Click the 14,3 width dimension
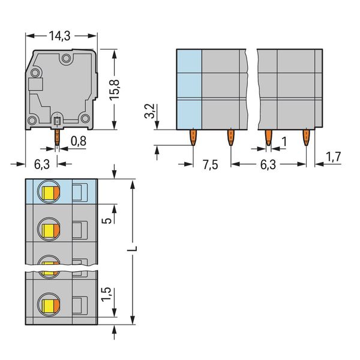(x=59, y=36)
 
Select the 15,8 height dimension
(x=115, y=89)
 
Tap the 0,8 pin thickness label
(x=79, y=141)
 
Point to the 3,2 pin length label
(x=149, y=111)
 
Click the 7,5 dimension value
(x=211, y=164)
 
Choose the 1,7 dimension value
(x=334, y=157)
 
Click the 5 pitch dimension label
(x=107, y=221)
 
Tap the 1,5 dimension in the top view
(x=106, y=295)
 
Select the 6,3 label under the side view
(x=42, y=164)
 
